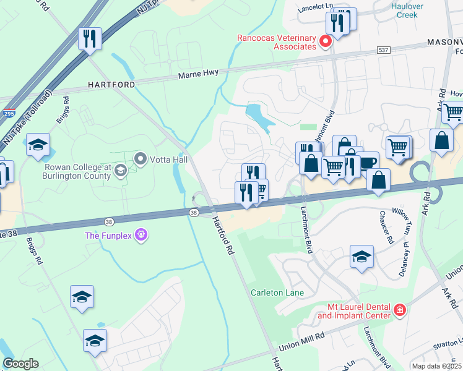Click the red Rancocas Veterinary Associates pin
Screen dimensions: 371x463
click(x=326, y=41)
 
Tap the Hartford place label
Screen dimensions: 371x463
click(x=111, y=84)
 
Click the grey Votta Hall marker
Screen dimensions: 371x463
click(x=140, y=160)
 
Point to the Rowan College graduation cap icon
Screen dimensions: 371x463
click(x=121, y=171)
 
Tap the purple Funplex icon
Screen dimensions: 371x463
click(x=141, y=235)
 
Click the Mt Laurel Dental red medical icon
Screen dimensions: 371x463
click(x=400, y=310)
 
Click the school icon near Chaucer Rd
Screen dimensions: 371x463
click(x=361, y=256)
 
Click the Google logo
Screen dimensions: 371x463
click(x=20, y=364)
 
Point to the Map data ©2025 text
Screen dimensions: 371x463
click(x=436, y=366)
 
